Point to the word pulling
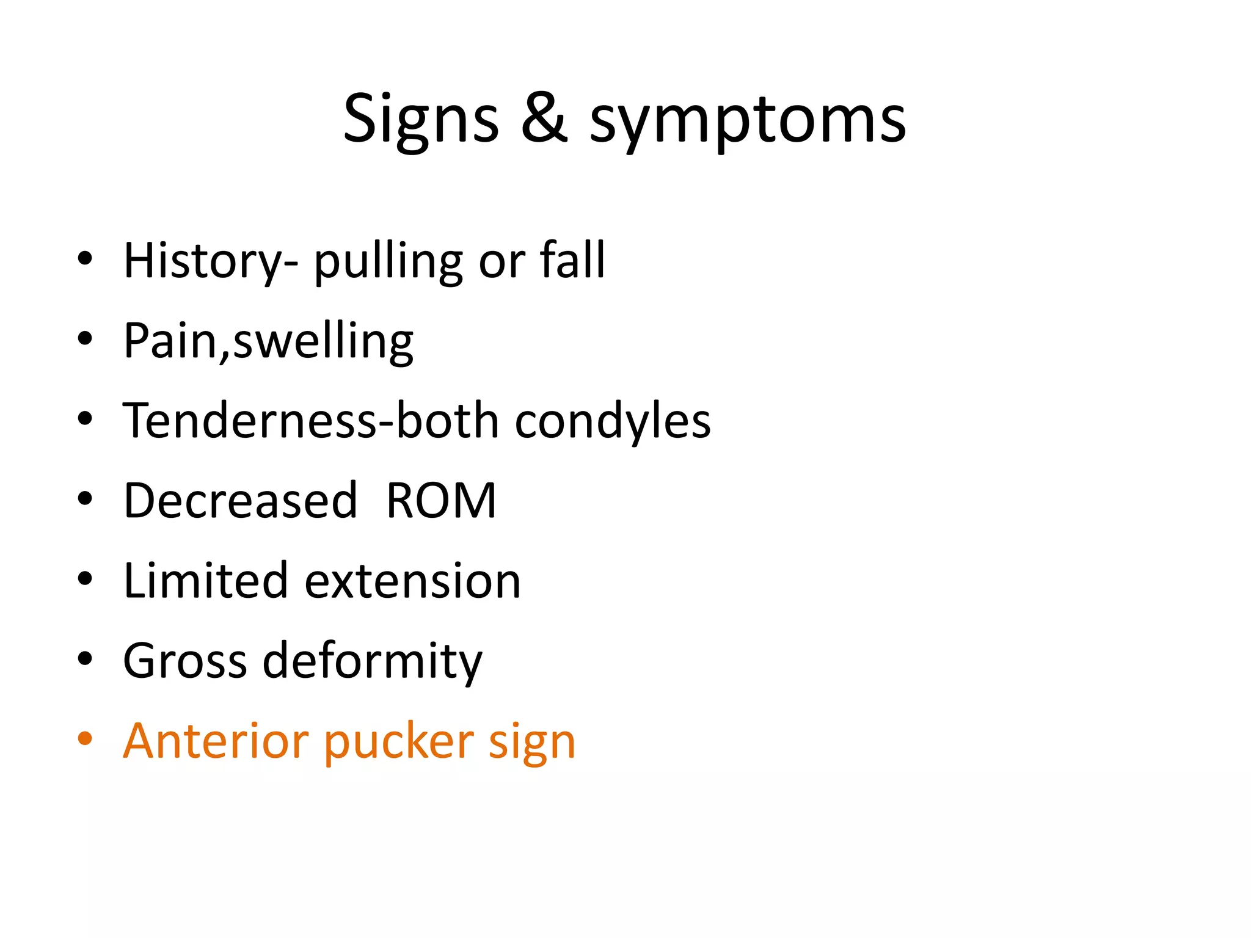click(x=388, y=263)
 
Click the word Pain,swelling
click(x=269, y=341)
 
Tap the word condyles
click(x=613, y=421)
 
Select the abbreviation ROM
click(x=441, y=501)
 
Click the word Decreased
click(x=240, y=501)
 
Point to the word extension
click(x=412, y=582)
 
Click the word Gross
click(x=184, y=661)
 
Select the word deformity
click(x=372, y=662)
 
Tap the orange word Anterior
click(x=215, y=741)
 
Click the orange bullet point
click(x=85, y=739)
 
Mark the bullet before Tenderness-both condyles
click(x=85, y=419)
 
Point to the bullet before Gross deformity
click(x=85, y=659)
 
